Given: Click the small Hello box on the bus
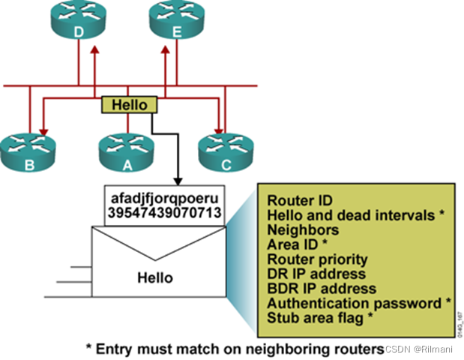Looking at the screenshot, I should tap(129, 105).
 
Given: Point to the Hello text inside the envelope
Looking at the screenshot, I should tap(154, 277).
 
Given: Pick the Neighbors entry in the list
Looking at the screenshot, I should tap(302, 230).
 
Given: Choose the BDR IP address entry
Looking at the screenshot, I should tap(322, 289).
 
